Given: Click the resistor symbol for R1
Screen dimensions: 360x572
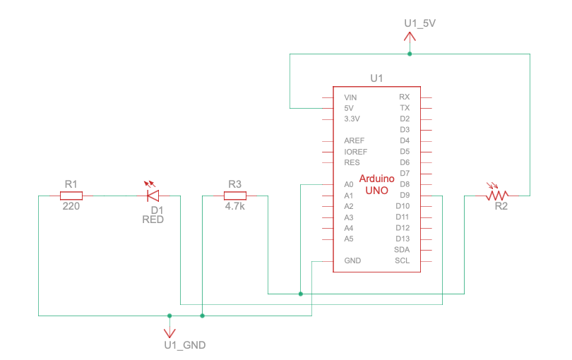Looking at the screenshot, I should click(x=71, y=196).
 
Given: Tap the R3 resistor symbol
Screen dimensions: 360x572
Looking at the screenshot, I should click(x=235, y=196).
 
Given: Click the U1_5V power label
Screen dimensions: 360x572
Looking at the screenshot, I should click(x=419, y=23).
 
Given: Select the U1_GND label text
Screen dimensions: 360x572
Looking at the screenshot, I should click(x=184, y=345).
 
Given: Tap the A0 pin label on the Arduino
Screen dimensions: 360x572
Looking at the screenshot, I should click(x=348, y=185).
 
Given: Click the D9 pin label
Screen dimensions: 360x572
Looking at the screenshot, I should click(x=405, y=196).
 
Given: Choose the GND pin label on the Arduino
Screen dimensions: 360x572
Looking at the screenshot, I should click(x=352, y=261).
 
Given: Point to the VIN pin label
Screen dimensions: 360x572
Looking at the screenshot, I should click(x=350, y=97).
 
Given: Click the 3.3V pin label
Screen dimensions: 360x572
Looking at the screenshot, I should click(x=352, y=119).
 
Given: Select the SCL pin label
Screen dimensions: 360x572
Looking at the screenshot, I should click(x=403, y=261).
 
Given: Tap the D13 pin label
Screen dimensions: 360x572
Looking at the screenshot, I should click(x=403, y=239).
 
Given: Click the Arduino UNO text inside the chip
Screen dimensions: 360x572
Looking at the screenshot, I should click(x=377, y=185).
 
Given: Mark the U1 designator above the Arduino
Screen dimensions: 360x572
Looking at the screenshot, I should click(x=376, y=78).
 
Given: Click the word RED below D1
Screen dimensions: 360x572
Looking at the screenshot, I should click(x=153, y=220).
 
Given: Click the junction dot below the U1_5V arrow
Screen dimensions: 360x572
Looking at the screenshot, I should click(x=410, y=54).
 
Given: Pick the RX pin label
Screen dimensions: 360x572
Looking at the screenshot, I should click(x=404, y=97).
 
